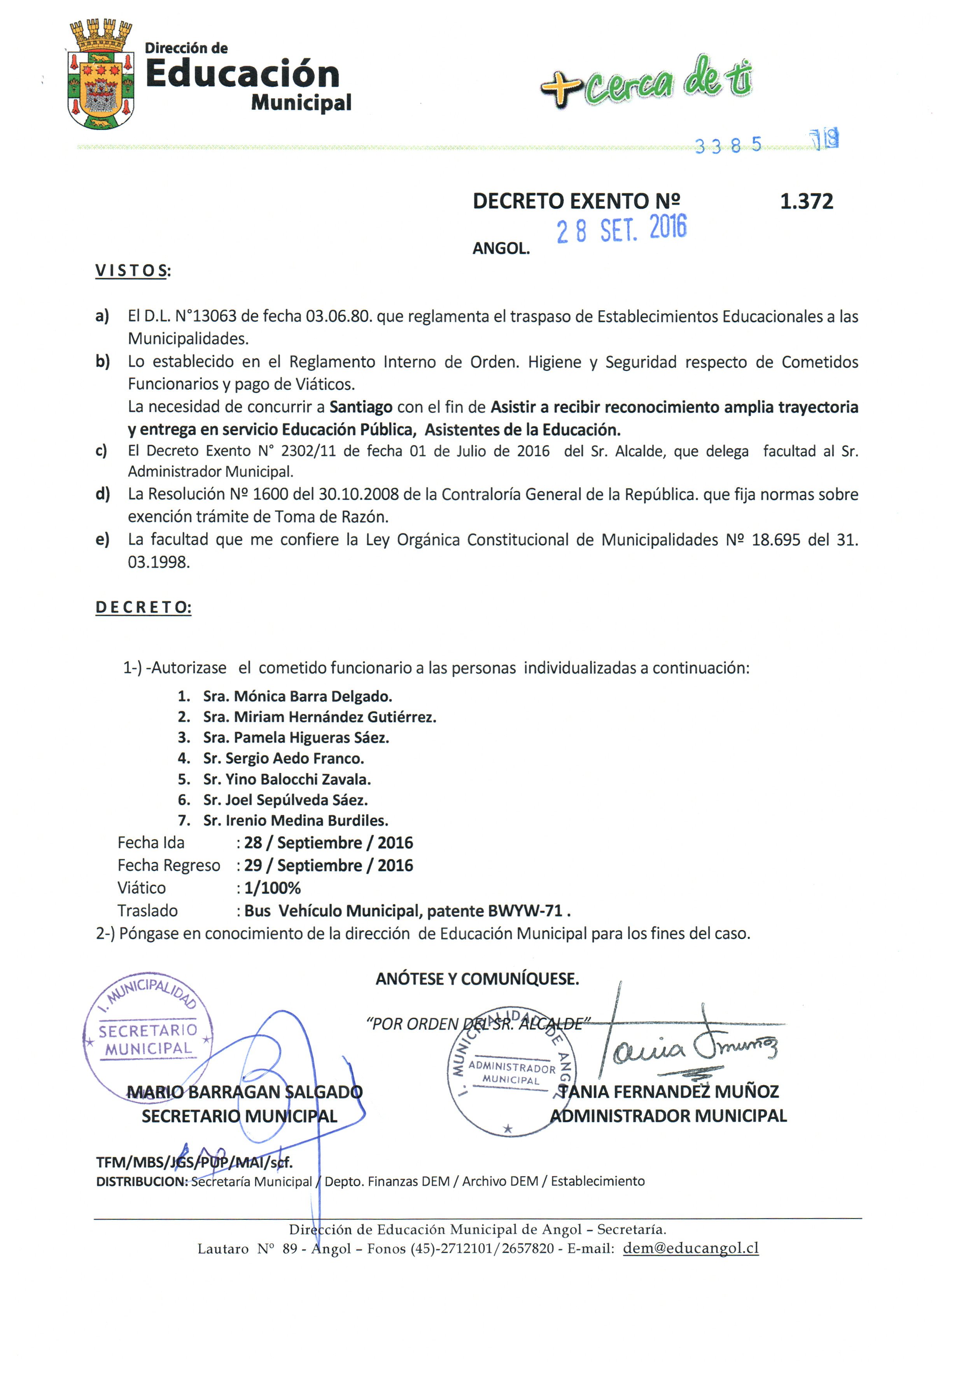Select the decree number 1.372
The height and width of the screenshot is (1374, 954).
806,201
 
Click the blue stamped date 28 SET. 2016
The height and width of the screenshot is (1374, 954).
621,229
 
